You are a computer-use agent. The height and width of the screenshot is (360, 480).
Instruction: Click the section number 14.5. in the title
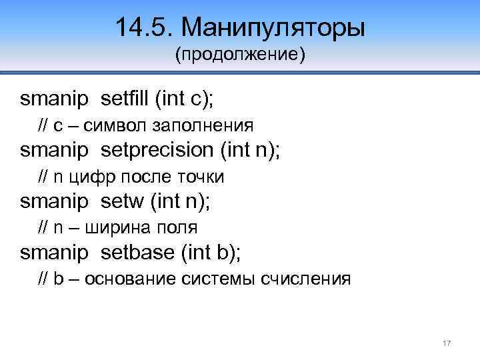coord(143,28)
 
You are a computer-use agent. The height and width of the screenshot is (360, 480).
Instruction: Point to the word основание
coord(129,279)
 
